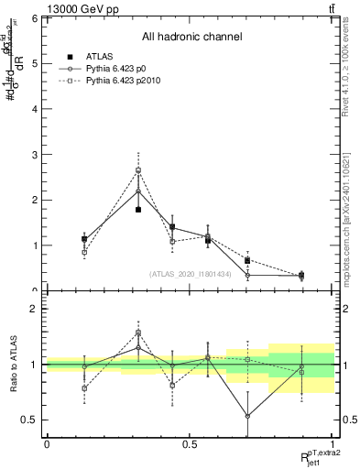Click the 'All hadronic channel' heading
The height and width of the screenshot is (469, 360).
191,37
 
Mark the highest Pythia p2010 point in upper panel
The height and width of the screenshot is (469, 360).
138,170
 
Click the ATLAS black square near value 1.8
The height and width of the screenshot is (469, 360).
138,210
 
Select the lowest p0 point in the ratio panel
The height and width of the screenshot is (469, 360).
247,416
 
